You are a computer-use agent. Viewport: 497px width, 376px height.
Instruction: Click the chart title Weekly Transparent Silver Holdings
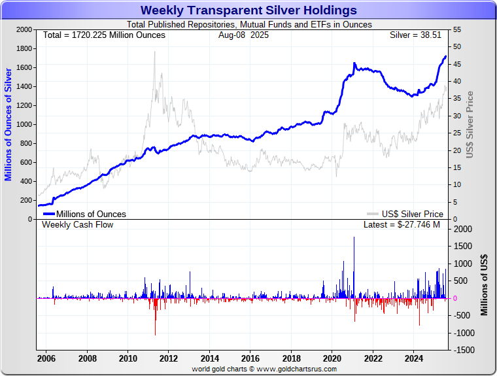coord(248,10)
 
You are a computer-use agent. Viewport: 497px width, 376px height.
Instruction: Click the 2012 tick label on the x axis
coord(169,358)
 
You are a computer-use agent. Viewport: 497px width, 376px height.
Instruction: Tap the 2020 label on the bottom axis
coord(332,358)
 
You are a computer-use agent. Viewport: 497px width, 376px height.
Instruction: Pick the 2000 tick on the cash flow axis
coord(462,230)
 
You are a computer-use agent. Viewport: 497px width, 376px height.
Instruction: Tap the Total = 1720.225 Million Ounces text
coord(104,35)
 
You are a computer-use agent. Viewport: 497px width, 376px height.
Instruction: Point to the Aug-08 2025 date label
coord(243,35)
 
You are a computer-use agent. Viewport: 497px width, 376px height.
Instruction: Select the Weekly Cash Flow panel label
coord(78,225)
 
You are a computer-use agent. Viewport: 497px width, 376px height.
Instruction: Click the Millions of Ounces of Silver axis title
coord(9,124)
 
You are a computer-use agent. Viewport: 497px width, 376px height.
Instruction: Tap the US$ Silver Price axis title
coord(470,124)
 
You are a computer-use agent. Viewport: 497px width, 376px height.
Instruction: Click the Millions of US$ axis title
coord(485,285)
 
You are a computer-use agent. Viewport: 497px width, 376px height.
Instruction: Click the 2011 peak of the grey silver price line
coord(155,52)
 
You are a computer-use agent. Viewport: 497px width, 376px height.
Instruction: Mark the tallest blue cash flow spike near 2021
coord(354,237)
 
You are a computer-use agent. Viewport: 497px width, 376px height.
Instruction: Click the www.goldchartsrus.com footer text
coord(264,369)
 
